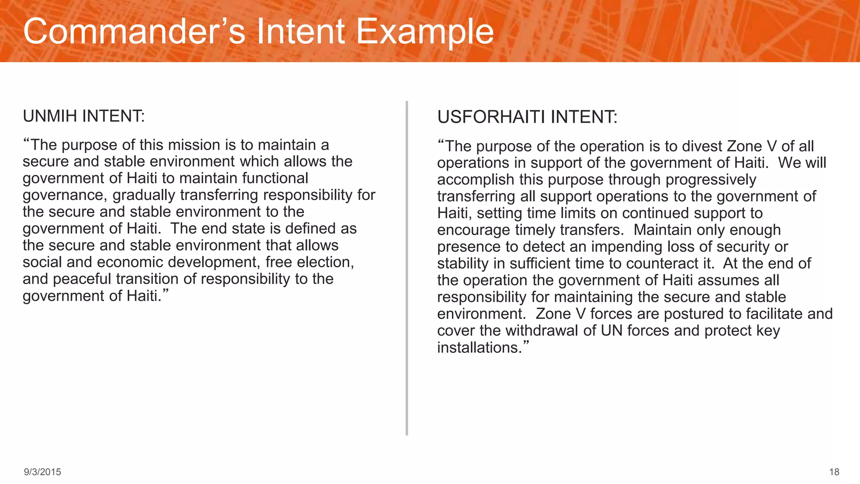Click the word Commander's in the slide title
point(134,32)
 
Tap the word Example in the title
point(425,32)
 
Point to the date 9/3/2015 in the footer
point(42,472)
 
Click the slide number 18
point(834,472)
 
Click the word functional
point(275,178)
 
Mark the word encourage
point(474,230)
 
